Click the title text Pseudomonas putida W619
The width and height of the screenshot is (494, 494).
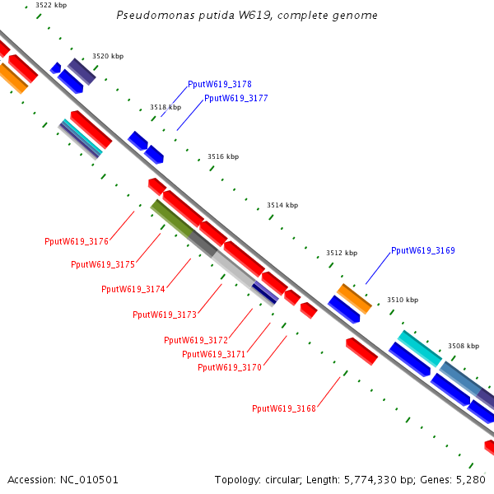(248, 16)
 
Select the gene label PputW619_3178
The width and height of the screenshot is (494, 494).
(220, 85)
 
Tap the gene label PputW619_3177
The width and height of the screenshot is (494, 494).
(235, 98)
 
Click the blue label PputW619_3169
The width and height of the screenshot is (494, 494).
(422, 250)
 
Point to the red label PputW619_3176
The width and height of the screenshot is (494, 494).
(77, 241)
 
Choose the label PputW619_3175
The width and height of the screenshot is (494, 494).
(103, 264)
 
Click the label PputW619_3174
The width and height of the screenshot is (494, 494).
(133, 289)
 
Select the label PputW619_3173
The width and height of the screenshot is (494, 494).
(165, 315)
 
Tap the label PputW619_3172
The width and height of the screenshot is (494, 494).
(196, 340)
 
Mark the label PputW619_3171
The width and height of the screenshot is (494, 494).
(214, 354)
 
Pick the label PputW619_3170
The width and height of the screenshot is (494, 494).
(230, 367)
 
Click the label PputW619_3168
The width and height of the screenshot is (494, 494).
(284, 408)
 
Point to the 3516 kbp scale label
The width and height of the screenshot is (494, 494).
(223, 156)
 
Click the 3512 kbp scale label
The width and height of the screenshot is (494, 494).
(342, 253)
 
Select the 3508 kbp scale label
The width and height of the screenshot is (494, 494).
(464, 346)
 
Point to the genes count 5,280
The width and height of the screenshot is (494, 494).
(471, 479)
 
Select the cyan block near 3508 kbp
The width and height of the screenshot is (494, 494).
(420, 348)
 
